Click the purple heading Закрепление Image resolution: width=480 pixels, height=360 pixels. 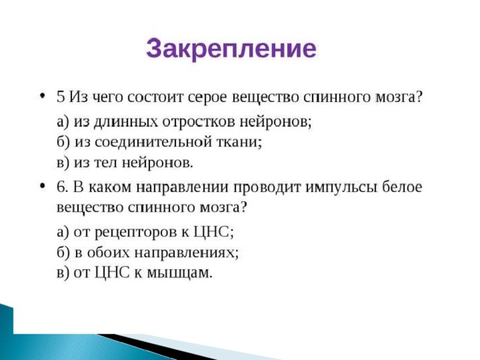click(x=231, y=49)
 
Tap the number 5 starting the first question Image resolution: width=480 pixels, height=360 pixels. click(x=61, y=97)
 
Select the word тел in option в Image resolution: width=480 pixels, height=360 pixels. click(x=105, y=163)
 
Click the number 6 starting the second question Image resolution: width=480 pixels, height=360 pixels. click(x=62, y=187)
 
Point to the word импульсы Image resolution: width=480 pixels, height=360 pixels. click(x=341, y=187)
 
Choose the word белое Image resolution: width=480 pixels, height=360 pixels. click(x=402, y=187)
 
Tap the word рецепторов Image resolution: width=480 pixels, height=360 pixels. click(x=135, y=232)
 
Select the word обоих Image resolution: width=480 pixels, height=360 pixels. click(x=109, y=253)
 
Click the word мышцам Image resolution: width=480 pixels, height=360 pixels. click(x=180, y=273)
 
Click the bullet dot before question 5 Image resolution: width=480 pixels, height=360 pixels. click(x=43, y=97)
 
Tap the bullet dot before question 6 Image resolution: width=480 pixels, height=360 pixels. click(x=43, y=186)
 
